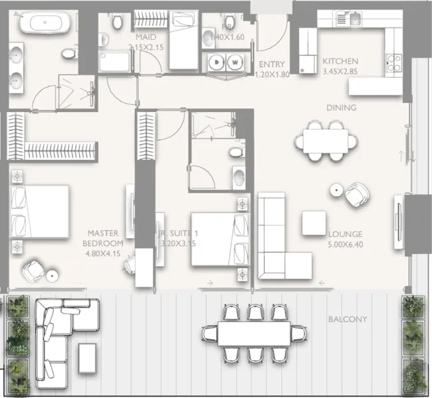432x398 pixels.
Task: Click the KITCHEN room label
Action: pos(340,60)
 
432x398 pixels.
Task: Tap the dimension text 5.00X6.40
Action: pos(345,244)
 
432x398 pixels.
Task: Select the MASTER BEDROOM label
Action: pos(103,238)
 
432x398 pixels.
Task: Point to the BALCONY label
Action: pos(347,319)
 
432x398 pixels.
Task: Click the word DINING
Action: pos(341,107)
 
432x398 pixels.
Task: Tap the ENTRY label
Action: pos(271,64)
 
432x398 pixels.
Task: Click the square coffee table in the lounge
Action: pos(314,222)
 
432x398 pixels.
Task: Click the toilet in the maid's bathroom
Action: pos(118,23)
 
